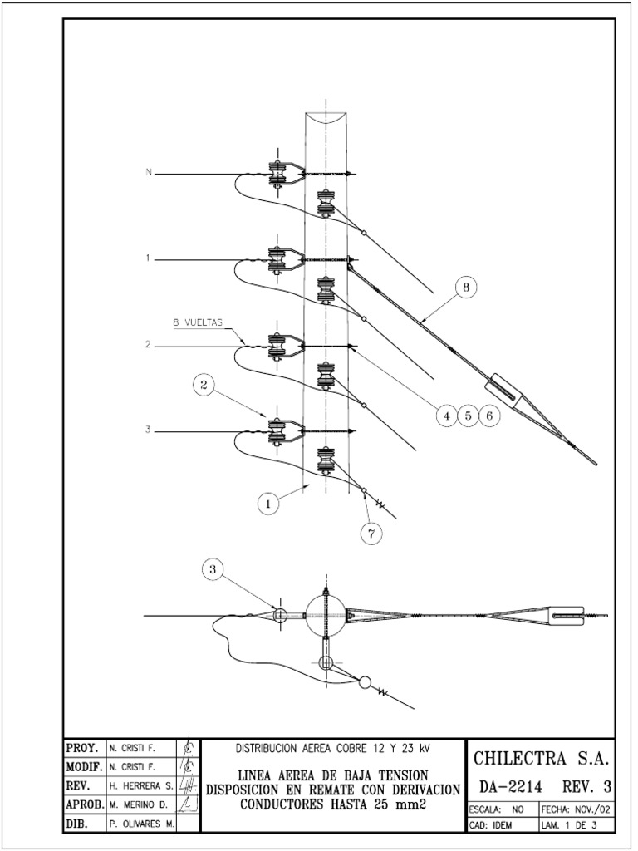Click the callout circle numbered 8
(465, 288)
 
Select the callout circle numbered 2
(204, 384)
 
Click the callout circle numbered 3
(213, 569)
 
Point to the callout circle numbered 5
(469, 416)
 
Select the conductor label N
(149, 173)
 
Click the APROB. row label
(83, 804)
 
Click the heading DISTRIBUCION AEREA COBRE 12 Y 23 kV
(333, 748)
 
